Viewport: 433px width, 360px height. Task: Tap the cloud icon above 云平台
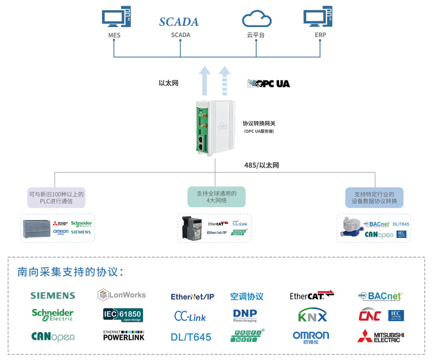coord(255,18)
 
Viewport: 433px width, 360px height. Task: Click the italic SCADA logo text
coord(179,22)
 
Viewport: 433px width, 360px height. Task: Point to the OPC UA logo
coord(269,84)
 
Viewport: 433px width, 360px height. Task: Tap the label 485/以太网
coord(261,165)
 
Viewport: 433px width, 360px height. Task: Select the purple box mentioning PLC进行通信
coord(57,198)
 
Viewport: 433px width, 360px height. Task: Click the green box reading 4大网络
coord(216,197)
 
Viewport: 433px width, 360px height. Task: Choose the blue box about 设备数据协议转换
coord(373,198)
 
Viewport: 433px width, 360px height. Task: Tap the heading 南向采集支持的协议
coord(70,272)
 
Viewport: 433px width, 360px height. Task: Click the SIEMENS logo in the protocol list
coord(53,296)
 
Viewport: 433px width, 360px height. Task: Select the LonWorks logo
coord(122,294)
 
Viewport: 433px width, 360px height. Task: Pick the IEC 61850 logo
coord(122,315)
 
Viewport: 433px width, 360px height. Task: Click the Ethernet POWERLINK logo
coord(123,336)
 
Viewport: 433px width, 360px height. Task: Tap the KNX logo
coord(313,316)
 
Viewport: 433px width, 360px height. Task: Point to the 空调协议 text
coord(247,296)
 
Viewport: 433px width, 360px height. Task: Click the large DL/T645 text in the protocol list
coord(191,337)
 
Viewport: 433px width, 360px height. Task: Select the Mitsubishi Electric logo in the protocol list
coord(381,336)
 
